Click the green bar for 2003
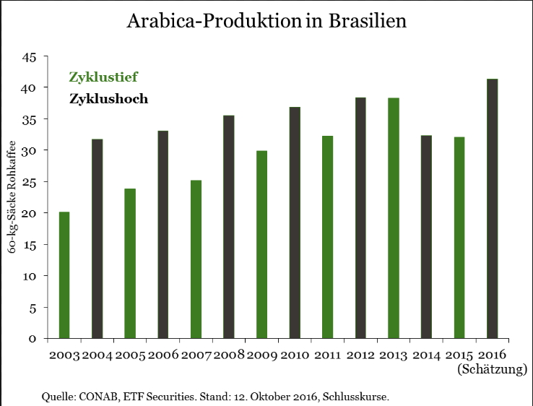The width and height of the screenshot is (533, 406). point(64,275)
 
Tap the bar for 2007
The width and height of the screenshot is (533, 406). point(196,259)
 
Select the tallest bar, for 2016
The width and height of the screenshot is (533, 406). point(492,209)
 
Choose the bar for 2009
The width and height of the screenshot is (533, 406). point(261,245)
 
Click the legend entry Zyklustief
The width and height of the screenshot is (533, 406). point(103,77)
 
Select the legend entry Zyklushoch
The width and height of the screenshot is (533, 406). point(108,99)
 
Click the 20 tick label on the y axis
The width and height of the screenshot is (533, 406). point(30,213)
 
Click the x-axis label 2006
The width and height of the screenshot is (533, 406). point(163,355)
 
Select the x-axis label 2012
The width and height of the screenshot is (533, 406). point(360,355)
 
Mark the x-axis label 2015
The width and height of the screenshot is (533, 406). point(459,355)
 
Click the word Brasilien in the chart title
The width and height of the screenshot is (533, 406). point(368,21)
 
